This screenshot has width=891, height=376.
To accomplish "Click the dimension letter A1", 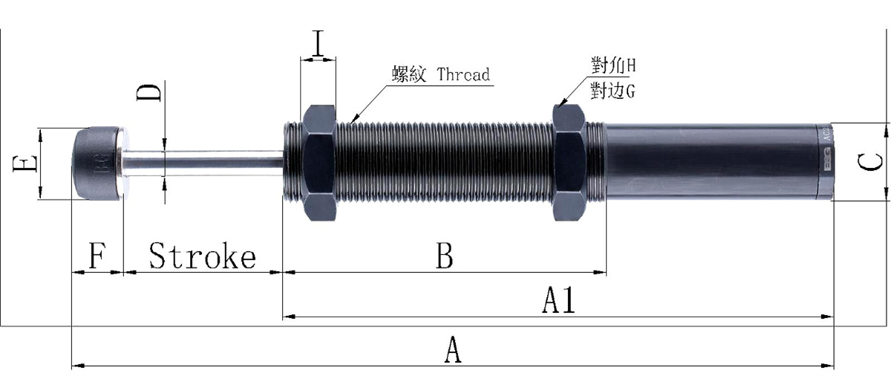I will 559,301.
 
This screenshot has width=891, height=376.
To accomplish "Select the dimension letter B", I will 444,256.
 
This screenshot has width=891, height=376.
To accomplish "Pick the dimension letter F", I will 96,257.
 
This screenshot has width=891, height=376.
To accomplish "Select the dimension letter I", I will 319,45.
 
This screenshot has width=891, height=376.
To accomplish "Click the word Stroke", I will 202,256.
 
